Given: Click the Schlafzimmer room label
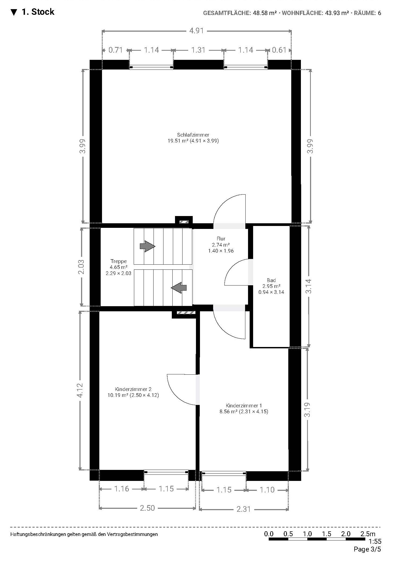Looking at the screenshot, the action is [193, 135].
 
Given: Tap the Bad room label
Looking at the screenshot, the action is [271, 280].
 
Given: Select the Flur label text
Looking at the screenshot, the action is [221, 239].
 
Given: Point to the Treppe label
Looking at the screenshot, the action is [118, 261].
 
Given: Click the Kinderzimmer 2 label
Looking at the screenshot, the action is [133, 389].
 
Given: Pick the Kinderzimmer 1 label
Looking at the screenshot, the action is [244, 405].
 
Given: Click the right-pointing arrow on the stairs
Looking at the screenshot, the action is [147, 246].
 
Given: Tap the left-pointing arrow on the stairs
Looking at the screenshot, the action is [179, 288].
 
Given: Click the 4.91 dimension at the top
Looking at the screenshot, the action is [196, 31].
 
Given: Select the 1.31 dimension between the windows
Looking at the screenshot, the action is [198, 50].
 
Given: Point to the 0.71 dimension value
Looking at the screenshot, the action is [116, 50].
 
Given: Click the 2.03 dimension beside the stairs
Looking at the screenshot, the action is [81, 267].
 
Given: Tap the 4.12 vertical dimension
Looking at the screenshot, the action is [80, 390].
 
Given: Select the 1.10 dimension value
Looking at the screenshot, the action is [267, 490].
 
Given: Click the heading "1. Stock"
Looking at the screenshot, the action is [38, 12].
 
